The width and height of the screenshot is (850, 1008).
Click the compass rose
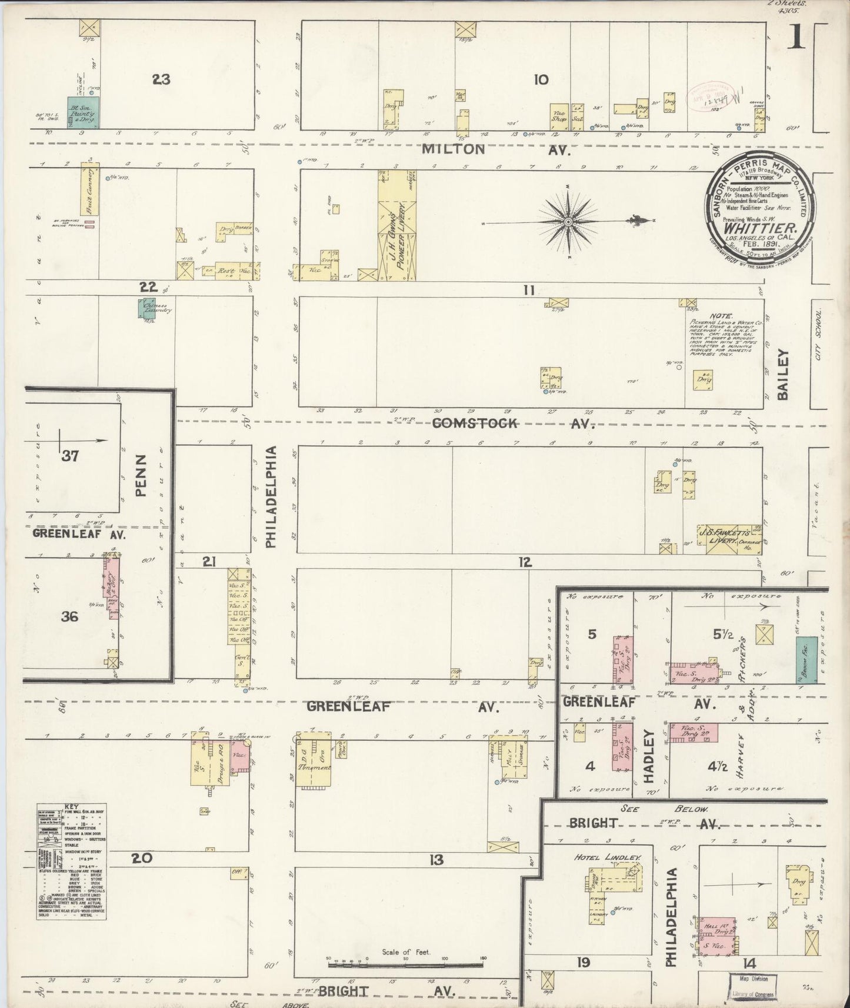569,222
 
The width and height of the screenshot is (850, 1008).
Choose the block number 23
161,79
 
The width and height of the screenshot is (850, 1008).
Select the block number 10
541,79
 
